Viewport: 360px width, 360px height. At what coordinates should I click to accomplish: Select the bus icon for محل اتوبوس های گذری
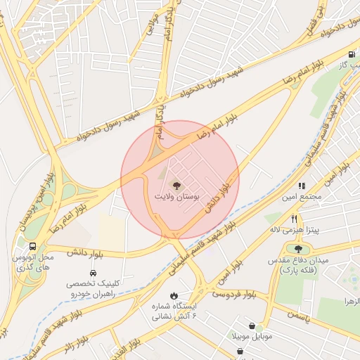point(32,246)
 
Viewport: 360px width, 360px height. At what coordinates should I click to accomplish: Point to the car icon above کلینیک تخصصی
point(93,272)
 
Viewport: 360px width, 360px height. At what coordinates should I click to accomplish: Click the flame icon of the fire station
point(174,295)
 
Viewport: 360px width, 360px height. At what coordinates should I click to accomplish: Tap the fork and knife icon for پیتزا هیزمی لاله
point(295,219)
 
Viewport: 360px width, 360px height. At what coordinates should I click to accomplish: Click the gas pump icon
point(351,54)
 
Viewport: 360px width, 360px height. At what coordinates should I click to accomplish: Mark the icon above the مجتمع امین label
point(302,186)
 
